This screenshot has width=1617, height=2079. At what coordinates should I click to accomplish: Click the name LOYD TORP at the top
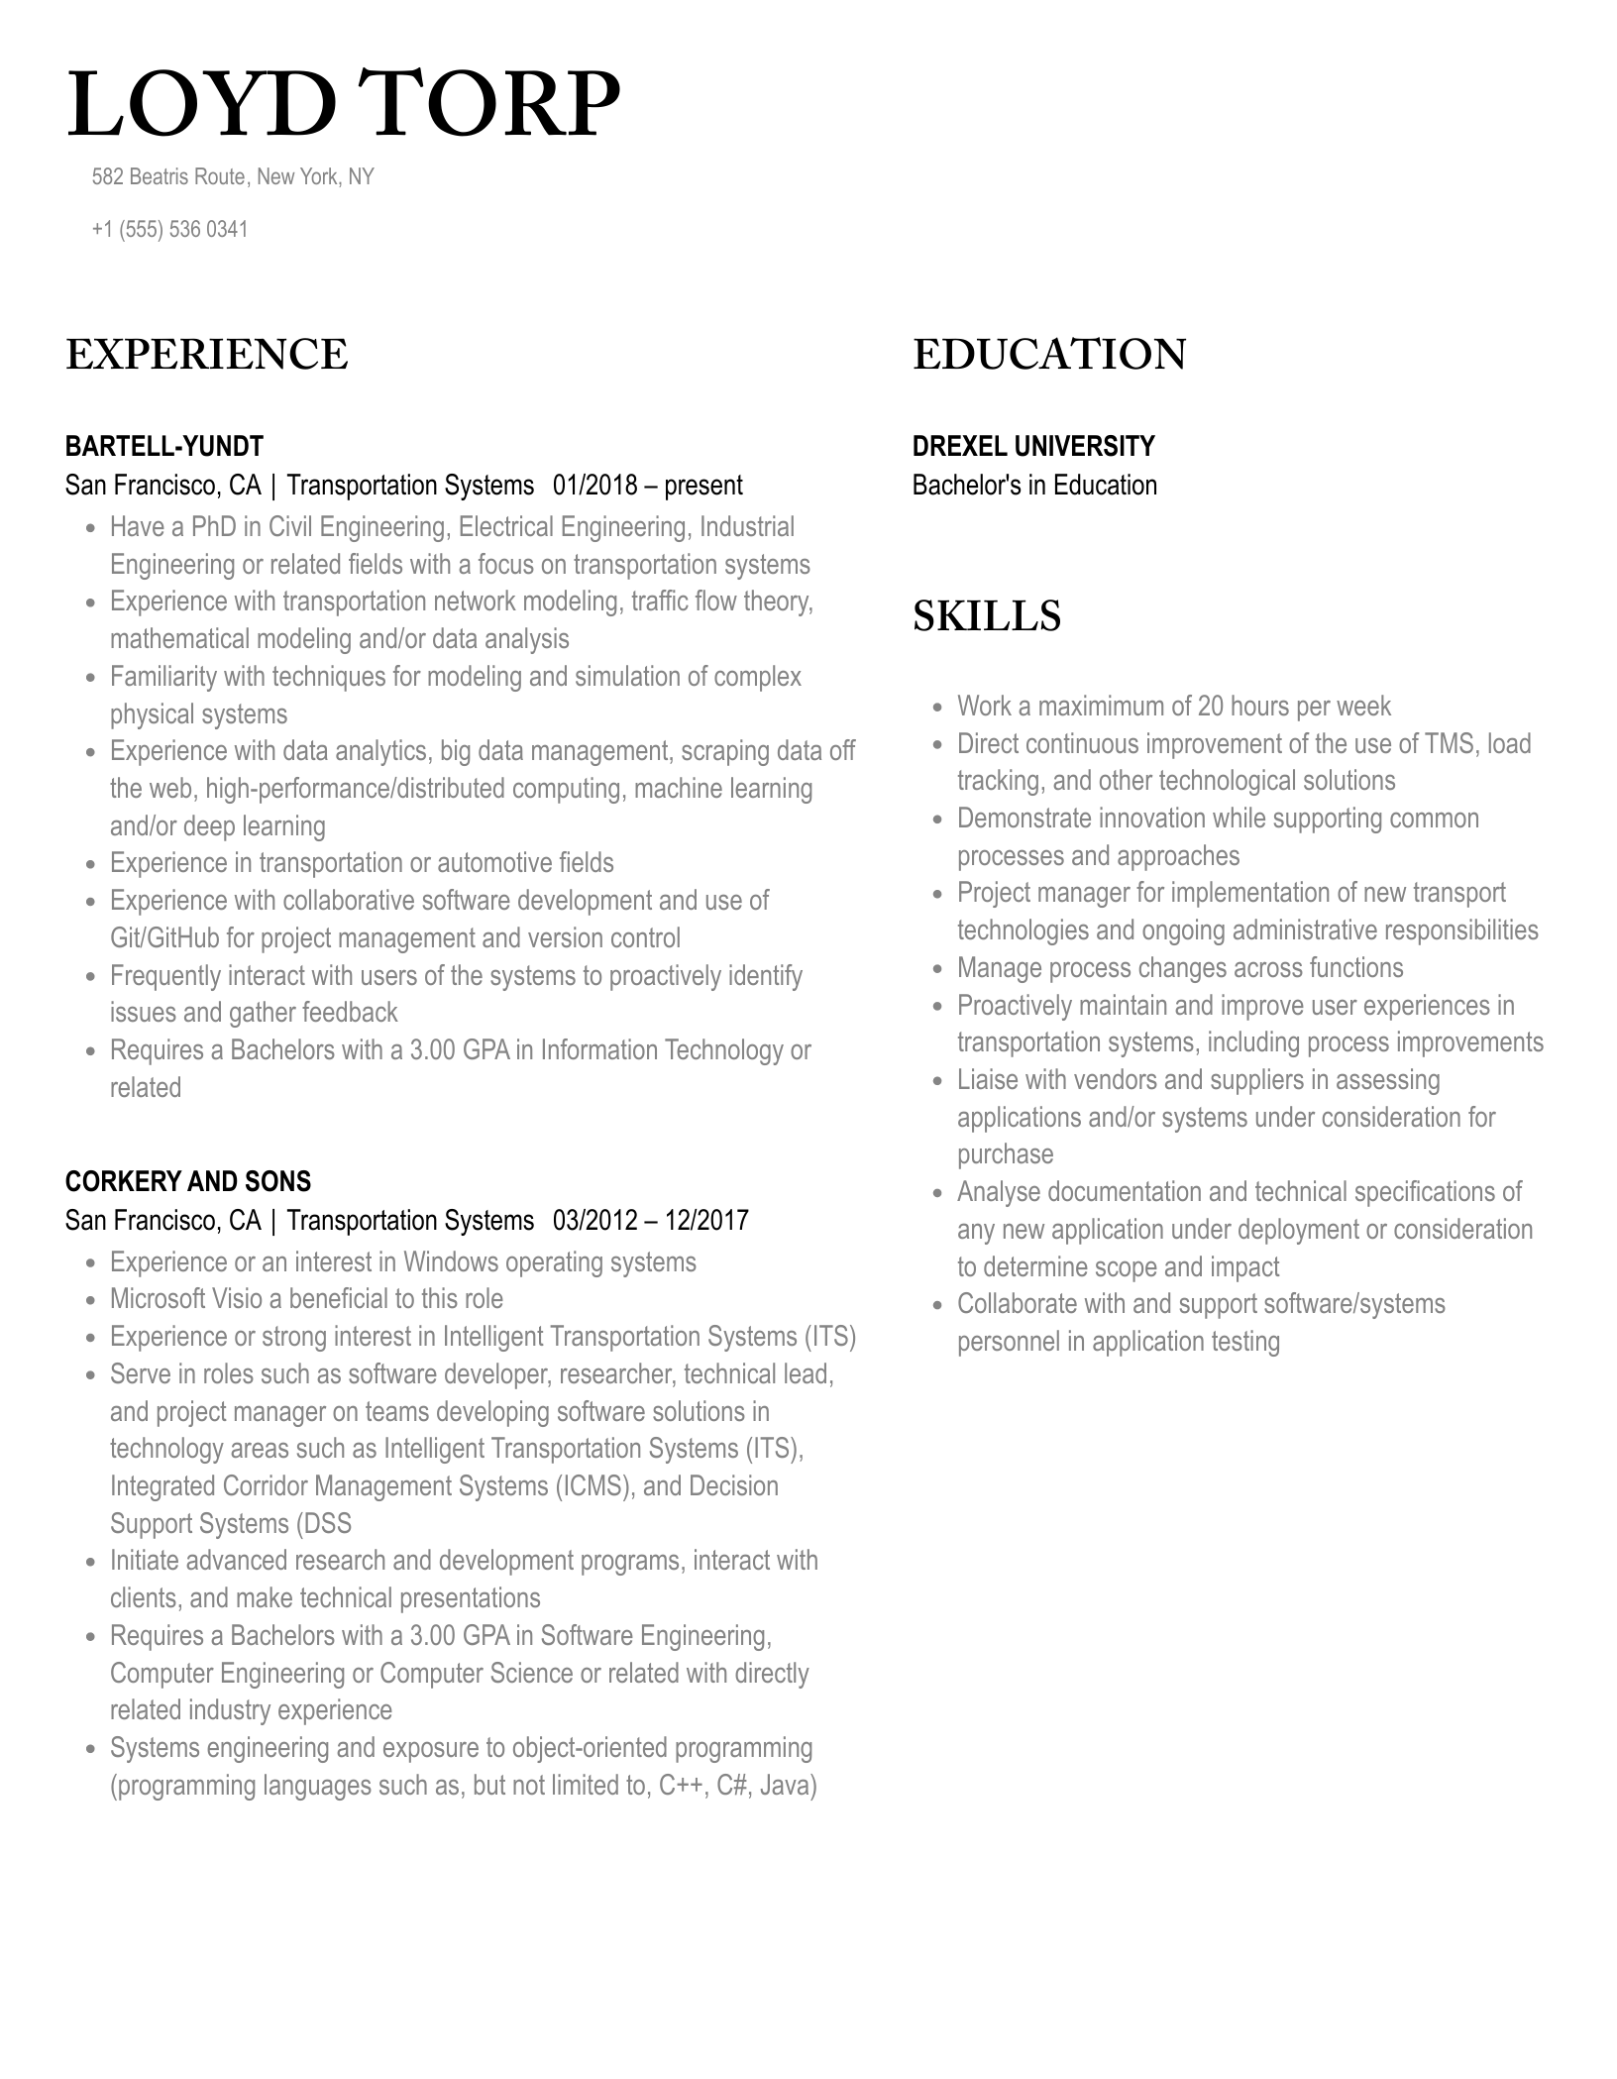pos(343,105)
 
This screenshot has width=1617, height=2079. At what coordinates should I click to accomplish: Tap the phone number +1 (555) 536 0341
pos(169,230)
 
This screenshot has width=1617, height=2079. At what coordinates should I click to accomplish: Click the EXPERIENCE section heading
pos(207,355)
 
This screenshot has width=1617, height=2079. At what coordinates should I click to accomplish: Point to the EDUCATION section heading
pos(1049,355)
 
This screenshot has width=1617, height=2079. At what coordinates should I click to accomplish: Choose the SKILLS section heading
pos(987,616)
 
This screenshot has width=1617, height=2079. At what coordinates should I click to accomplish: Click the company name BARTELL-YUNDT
pos(164,447)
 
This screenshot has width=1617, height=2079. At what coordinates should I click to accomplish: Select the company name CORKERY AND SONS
pos(188,1182)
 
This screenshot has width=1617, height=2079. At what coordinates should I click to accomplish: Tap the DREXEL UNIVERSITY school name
pos(1033,447)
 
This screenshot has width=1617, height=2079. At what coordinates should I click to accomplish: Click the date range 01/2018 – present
pos(647,487)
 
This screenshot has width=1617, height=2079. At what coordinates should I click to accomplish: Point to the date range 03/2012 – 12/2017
pos(650,1221)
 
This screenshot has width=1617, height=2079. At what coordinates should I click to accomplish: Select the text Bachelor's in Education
pos(1034,486)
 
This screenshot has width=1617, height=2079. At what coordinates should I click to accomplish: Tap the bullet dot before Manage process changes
pos(937,969)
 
